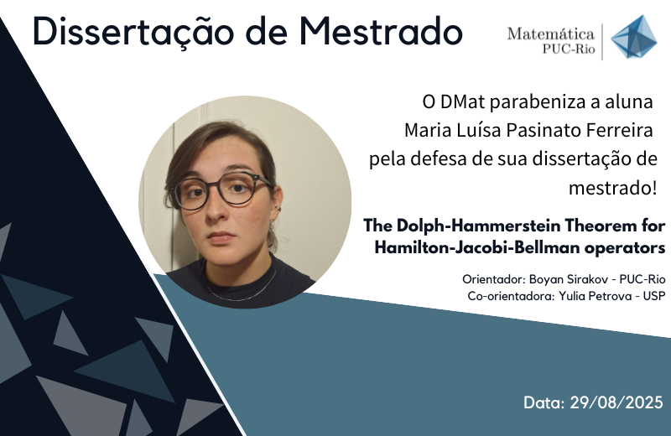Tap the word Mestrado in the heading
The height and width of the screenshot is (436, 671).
pyautogui.click(x=381, y=31)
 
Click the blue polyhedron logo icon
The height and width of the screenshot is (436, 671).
pyautogui.click(x=633, y=37)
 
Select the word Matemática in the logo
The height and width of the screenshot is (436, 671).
pyautogui.click(x=551, y=34)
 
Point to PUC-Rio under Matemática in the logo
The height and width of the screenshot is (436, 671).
pyautogui.click(x=569, y=49)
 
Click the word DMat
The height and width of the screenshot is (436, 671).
pyautogui.click(x=463, y=101)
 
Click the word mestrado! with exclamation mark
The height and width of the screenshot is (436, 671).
pyautogui.click(x=612, y=188)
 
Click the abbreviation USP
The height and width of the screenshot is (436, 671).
pyautogui.click(x=654, y=296)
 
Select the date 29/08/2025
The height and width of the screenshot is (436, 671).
pyautogui.click(x=616, y=402)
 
